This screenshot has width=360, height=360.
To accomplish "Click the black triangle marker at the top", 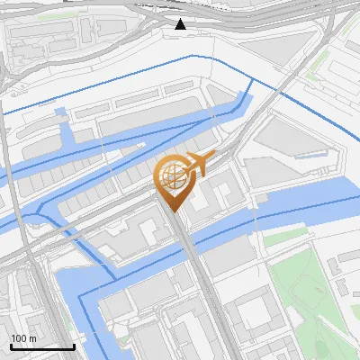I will tap(181, 23).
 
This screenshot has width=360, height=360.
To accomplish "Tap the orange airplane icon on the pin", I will tap(197, 164).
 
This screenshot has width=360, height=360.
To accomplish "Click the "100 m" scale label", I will tap(24, 338).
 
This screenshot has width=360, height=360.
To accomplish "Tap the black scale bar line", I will tap(41, 346).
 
